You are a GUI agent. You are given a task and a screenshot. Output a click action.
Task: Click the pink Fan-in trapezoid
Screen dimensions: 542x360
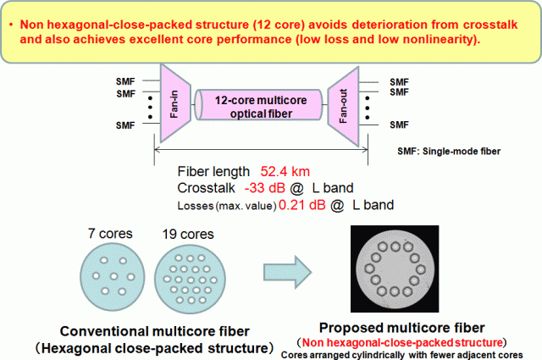(x=175, y=103)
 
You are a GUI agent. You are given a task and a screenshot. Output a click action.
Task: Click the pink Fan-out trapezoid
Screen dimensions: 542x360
(x=344, y=106)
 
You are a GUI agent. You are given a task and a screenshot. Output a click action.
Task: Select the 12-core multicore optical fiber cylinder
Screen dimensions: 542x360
(x=258, y=105)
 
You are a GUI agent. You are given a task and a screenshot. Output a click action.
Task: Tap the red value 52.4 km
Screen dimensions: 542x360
(x=285, y=171)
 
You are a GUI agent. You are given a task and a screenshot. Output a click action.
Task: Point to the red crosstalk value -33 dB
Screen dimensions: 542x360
(x=265, y=188)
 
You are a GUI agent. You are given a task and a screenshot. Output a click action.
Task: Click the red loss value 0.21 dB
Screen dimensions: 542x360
(x=302, y=205)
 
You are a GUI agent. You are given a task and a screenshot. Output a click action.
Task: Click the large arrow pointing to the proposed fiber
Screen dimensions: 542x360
(x=288, y=272)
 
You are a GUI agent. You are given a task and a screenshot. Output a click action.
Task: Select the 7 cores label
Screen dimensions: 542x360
(x=110, y=234)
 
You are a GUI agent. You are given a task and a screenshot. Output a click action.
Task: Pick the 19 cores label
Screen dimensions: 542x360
(x=188, y=234)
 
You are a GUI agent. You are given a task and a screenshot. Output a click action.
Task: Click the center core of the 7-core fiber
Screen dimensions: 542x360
(x=113, y=276)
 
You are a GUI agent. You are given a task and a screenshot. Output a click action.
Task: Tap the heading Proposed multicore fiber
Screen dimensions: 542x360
(x=401, y=328)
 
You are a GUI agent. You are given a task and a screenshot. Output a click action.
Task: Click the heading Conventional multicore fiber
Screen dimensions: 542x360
(x=154, y=331)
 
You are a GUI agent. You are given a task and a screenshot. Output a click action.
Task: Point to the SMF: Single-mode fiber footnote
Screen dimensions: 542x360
(x=449, y=151)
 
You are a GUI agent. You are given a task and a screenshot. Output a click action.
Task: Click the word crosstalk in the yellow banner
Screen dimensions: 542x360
(x=490, y=25)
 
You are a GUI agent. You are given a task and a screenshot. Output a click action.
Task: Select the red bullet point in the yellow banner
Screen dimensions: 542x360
(x=11, y=25)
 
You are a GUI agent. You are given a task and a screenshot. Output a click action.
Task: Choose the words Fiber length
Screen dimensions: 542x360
(x=213, y=171)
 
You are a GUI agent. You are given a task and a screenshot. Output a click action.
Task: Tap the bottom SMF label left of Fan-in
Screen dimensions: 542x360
(x=125, y=125)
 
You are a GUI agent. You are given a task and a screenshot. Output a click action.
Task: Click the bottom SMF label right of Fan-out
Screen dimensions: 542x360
(x=399, y=125)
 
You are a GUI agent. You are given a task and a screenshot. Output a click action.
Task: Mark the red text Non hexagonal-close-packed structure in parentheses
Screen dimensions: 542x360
(x=402, y=342)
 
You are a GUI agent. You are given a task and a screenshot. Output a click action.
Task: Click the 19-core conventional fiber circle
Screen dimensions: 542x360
(x=190, y=279)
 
